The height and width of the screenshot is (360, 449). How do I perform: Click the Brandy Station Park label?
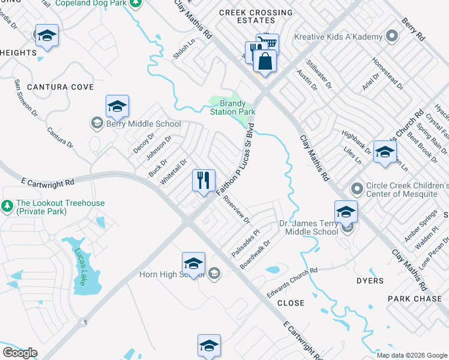(232, 107)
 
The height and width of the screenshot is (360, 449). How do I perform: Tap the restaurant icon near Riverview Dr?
(203, 179)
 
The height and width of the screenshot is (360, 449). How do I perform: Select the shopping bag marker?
(264, 61)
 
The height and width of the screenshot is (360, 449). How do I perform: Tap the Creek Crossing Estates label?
(256, 16)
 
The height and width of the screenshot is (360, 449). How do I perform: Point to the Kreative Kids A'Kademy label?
(338, 37)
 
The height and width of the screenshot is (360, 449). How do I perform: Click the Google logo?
(20, 353)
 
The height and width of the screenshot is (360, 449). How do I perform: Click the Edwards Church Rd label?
(292, 281)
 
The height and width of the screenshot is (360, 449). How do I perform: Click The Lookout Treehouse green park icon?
(7, 207)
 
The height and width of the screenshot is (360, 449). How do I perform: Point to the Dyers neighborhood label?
(369, 281)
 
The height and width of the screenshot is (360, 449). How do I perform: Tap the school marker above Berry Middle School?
(117, 107)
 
